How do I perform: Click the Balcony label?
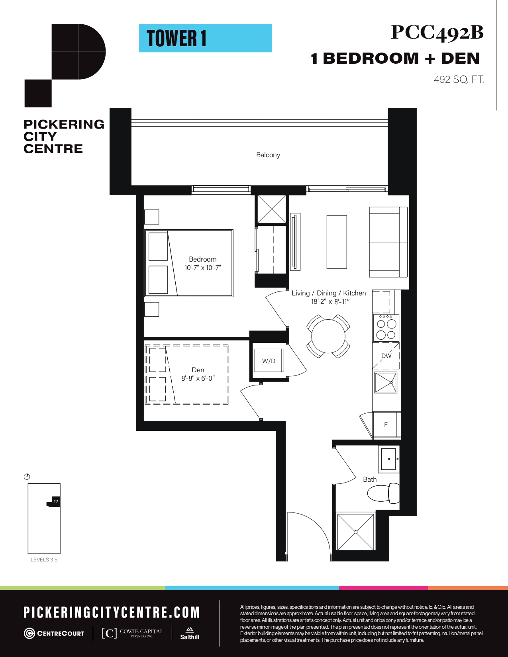(x=268, y=155)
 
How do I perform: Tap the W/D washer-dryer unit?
(x=269, y=360)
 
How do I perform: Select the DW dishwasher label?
(x=386, y=356)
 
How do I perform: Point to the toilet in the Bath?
(x=383, y=493)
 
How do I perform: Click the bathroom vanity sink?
(x=388, y=459)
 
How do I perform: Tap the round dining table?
(x=328, y=336)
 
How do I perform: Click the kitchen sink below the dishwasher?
(x=386, y=383)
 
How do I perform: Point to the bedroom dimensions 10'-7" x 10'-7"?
(x=203, y=268)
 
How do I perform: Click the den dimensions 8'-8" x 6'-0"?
(x=198, y=378)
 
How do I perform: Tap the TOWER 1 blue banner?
(x=206, y=38)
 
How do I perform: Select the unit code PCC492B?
(x=437, y=33)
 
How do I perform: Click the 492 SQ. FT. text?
(x=459, y=80)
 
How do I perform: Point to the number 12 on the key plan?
(x=56, y=502)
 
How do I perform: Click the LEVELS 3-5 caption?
(x=44, y=559)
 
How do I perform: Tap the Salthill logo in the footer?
(x=190, y=634)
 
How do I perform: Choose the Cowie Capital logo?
(x=133, y=633)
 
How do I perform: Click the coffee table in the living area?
(x=337, y=242)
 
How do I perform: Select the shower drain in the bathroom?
(x=355, y=532)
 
